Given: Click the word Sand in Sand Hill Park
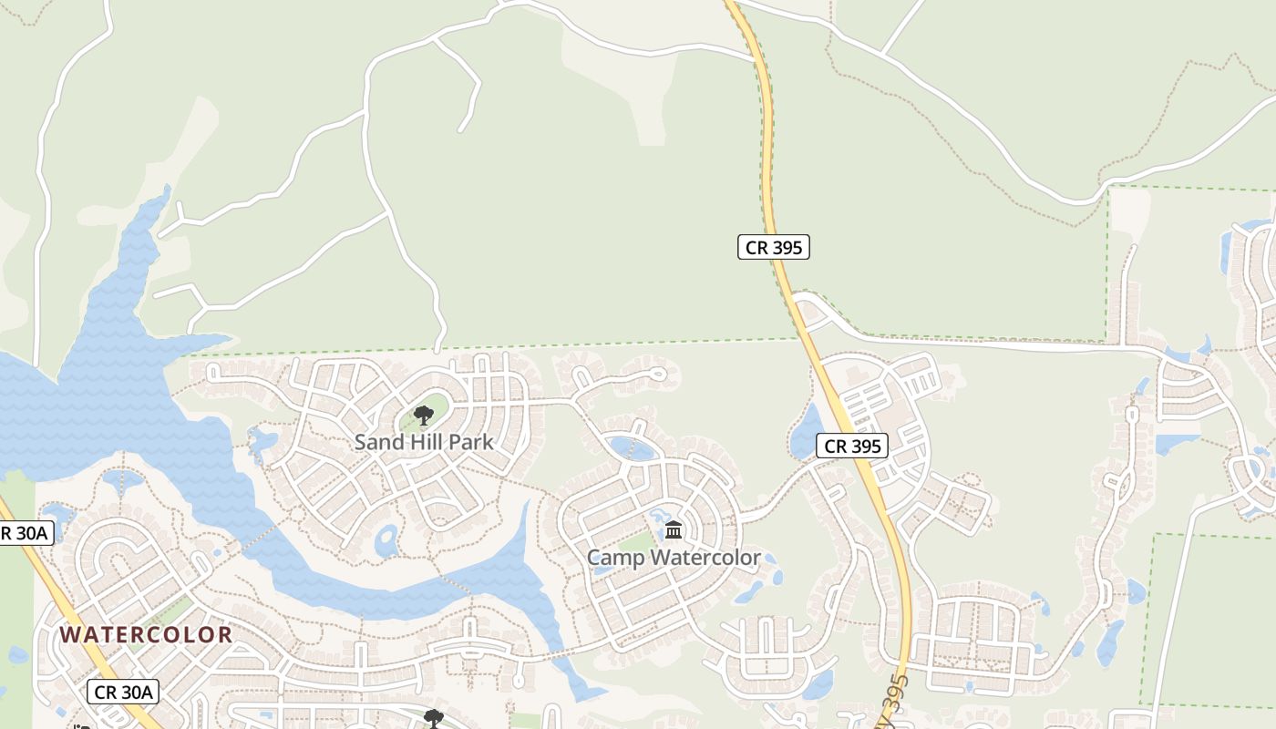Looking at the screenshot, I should (376, 442).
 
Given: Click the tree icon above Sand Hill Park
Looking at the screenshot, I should (422, 416).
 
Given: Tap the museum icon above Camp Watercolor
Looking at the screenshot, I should (674, 529).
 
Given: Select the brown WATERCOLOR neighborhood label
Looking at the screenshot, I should (147, 634).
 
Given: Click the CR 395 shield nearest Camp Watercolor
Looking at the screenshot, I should (851, 446).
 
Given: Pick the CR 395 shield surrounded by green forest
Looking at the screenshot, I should (773, 247).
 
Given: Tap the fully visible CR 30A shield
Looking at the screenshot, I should (123, 692).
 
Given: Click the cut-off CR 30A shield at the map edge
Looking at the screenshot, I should (24, 533).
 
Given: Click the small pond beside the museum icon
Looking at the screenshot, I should (658, 518).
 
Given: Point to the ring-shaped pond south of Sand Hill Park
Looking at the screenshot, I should (386, 540).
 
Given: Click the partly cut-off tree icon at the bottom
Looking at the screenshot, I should (433, 718).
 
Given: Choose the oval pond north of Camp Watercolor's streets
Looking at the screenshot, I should (632, 447).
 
